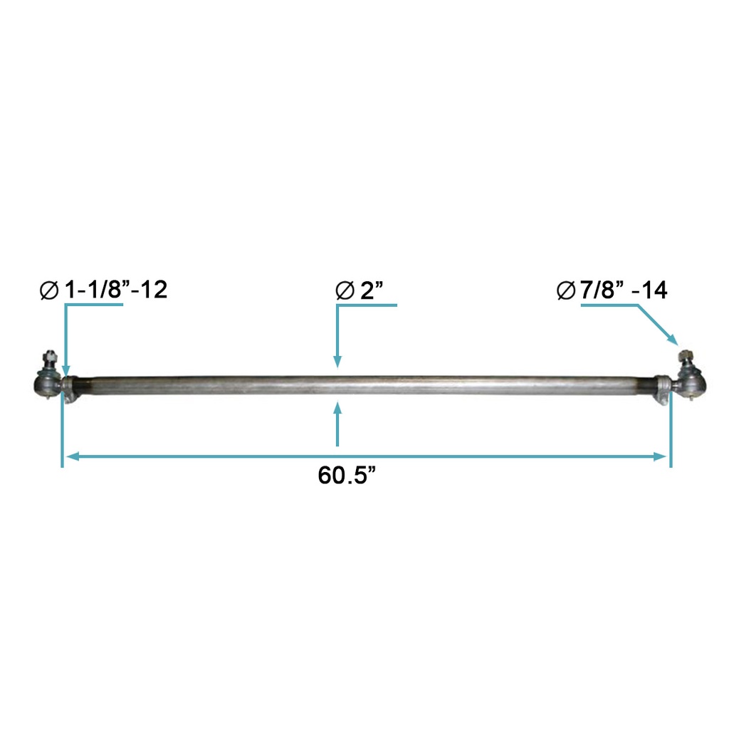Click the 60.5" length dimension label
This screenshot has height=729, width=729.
347,476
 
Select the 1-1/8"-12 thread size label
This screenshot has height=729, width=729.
115,290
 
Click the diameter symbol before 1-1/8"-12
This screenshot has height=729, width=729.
49,291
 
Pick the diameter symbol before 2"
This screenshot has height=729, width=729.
344,291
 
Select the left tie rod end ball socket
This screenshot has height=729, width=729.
46,385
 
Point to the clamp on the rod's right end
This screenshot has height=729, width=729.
663,389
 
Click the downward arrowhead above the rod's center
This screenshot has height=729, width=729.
337,362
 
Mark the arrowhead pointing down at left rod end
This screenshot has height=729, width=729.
65,369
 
